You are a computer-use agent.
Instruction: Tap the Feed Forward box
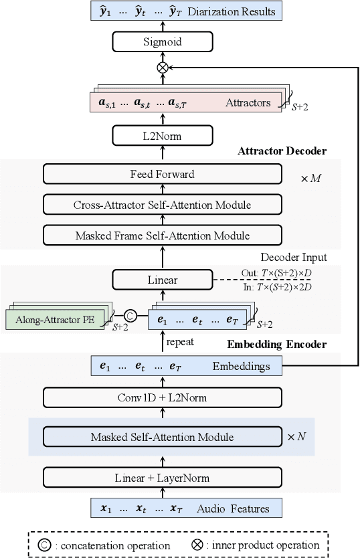162,175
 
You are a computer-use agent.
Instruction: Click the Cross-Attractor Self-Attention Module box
162,205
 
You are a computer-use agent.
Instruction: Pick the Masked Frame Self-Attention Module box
162,235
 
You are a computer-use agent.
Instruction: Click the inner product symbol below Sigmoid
161,67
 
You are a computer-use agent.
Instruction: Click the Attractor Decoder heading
282,151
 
